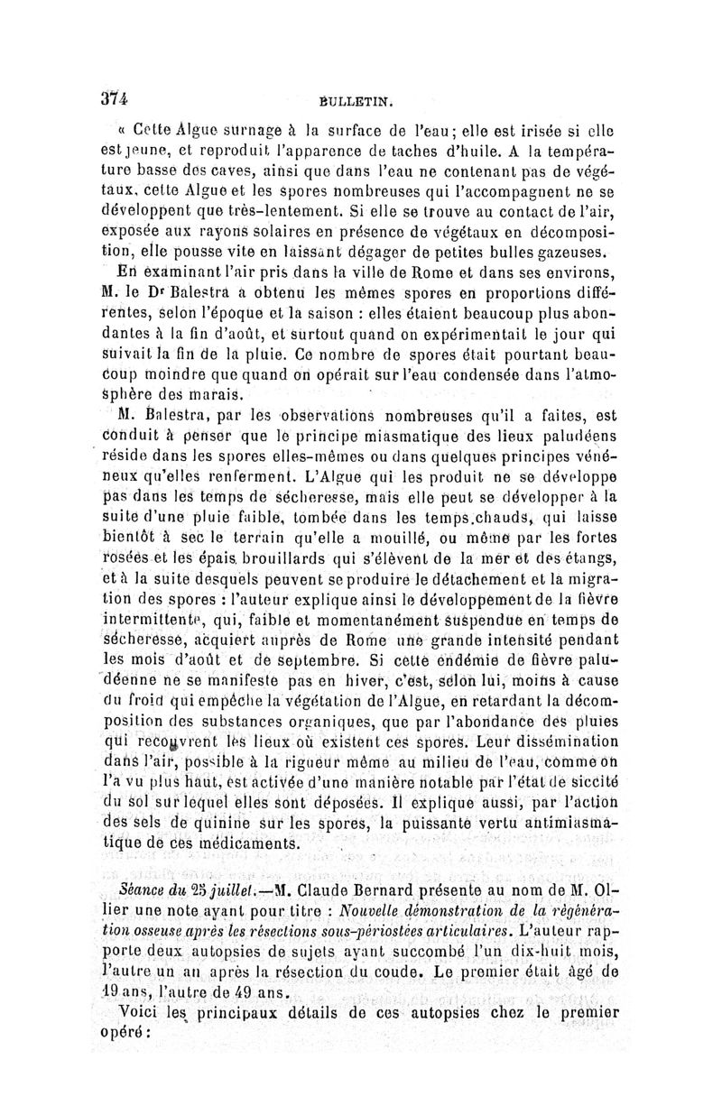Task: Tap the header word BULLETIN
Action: click(364, 106)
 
